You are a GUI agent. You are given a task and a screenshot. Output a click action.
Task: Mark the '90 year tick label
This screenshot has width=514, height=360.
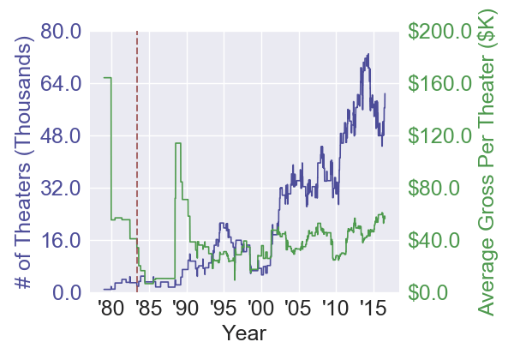(184, 308)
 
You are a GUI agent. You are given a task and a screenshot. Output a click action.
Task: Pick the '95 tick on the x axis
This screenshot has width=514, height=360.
(222, 308)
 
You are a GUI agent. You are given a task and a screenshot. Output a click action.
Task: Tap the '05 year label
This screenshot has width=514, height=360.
(296, 308)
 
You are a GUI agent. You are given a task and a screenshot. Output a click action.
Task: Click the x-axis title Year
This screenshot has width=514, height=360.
(244, 333)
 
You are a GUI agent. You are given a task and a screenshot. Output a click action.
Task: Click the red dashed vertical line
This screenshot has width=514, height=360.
(138, 154)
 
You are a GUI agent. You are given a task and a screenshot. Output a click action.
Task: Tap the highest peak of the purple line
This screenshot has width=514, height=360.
(368, 54)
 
